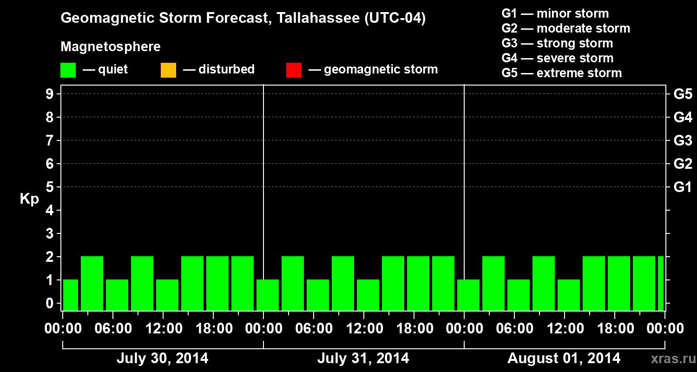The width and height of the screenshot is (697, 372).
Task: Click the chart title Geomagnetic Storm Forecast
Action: (x=243, y=19)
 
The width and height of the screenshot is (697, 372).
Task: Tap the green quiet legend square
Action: (x=68, y=70)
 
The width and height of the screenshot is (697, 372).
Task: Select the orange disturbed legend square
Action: (x=168, y=70)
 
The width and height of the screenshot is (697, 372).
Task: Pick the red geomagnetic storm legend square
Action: (x=294, y=70)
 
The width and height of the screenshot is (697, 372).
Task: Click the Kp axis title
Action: (x=29, y=199)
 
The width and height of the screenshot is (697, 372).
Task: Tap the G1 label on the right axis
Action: (x=683, y=187)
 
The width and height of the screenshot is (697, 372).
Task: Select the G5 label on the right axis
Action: (x=683, y=94)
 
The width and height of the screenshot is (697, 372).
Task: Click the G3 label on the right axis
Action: (x=683, y=140)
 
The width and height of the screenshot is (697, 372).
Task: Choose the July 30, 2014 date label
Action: (x=162, y=359)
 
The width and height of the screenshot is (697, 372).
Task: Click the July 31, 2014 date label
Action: (x=363, y=359)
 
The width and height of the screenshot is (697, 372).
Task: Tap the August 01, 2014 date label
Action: (x=564, y=359)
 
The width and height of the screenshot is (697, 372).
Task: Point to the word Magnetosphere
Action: (x=111, y=47)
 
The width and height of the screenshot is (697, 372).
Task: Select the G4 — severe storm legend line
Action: (x=557, y=58)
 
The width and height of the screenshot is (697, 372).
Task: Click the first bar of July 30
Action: (x=71, y=295)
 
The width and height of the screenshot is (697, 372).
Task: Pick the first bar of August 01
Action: (x=468, y=295)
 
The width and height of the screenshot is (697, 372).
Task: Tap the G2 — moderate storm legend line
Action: (x=565, y=28)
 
